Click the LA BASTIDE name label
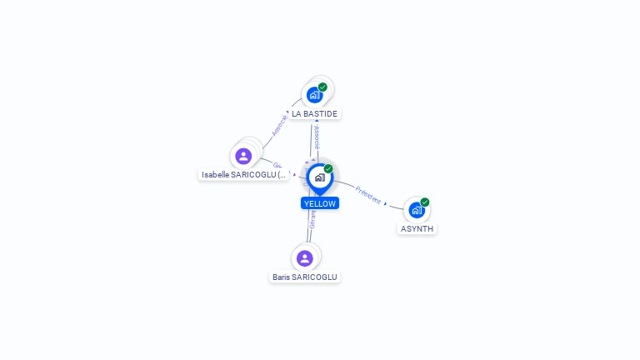pos(314,113)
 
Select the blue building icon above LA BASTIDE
pos(314,94)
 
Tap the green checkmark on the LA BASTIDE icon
pos(322,87)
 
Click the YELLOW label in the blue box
pos(320,203)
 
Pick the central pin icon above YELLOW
pos(319,177)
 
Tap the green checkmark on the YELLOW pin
pos(328,169)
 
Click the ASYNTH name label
pos(417,228)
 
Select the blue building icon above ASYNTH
pos(416,210)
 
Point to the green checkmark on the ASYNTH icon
pos(425,202)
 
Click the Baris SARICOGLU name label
pos(305,277)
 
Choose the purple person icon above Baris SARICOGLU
pos(305,258)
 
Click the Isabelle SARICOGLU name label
pos(244,175)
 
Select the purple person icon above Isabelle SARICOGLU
pos(243,156)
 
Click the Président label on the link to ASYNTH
pos(368,195)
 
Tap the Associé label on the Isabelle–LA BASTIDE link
pos(279,125)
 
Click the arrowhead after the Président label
pos(385,202)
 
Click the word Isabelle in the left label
pos(216,175)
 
